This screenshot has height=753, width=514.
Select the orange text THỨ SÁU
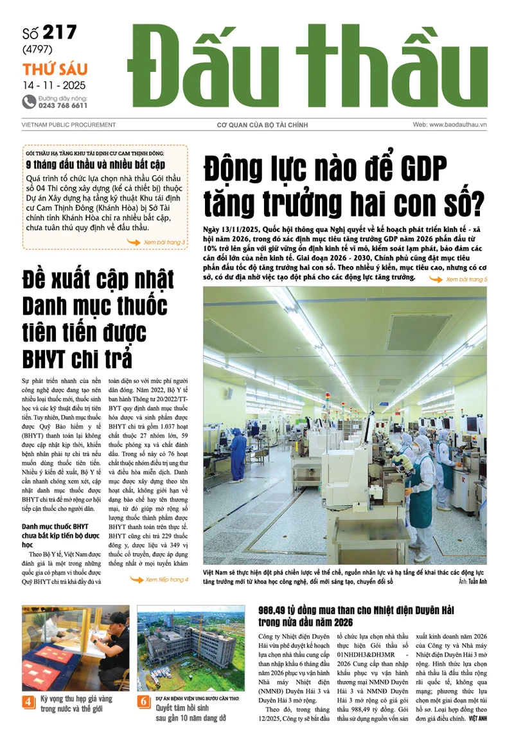tap(55, 69)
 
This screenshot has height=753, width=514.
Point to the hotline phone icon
tap(28, 101)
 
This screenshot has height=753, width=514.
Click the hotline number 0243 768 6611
tap(63, 105)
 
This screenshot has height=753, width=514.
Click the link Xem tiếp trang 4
tap(166, 580)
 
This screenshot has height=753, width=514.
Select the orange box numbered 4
tap(29, 702)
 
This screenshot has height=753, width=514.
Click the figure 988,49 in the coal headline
tap(277, 610)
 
